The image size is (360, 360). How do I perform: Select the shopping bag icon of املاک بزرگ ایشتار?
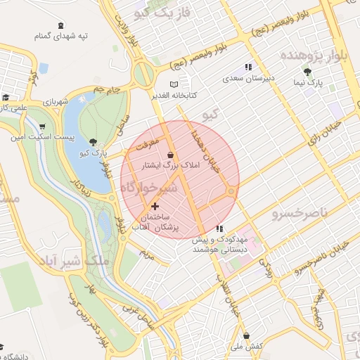[x=172, y=154]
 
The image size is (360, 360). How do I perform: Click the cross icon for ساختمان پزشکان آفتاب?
[x=155, y=206]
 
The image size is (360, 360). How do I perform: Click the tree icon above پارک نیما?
[x=307, y=72]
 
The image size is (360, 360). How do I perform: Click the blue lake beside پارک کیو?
[x=82, y=162]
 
